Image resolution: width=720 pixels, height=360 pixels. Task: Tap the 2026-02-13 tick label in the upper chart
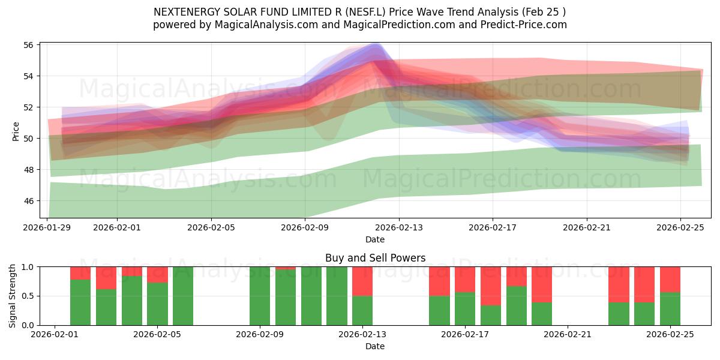tap(399, 228)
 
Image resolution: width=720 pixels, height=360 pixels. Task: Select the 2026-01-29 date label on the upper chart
tap(47, 228)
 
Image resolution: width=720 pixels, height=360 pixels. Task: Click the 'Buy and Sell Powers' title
tap(375, 258)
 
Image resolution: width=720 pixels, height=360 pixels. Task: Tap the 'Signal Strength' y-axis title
tap(13, 296)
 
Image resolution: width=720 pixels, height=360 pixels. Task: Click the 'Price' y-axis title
tap(16, 131)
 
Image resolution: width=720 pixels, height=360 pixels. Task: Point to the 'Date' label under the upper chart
tap(375, 239)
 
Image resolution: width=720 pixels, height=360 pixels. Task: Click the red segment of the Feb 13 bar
tap(362, 281)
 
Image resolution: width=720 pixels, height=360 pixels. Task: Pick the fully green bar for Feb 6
tap(183, 296)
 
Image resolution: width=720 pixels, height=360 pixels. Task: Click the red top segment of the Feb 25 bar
tap(670, 279)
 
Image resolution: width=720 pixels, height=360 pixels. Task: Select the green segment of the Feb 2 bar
tap(80, 302)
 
